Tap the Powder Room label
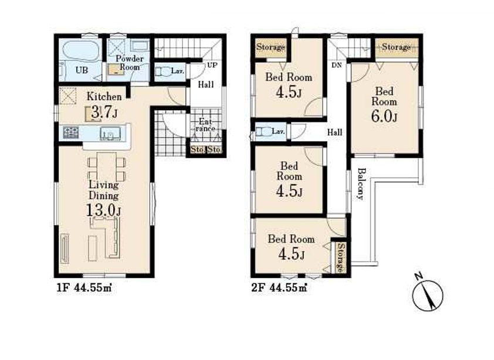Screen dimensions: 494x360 tap(130, 63)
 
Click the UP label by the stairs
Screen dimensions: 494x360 tap(212, 65)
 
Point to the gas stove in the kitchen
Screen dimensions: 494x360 tap(70, 133)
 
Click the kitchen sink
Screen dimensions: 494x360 tap(110, 133)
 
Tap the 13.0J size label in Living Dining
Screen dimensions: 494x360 tap(103, 210)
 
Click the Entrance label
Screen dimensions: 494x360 tap(205, 125)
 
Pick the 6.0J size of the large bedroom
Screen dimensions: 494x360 tap(384, 116)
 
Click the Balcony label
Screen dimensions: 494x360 tap(361, 184)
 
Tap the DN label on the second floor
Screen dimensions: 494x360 tap(337, 66)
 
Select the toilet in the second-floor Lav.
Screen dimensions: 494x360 tap(263, 131)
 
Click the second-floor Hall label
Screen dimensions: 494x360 tap(334, 133)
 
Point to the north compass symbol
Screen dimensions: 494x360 tap(427, 294)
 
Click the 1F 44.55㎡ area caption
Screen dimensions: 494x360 tap(84, 288)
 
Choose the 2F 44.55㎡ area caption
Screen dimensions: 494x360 tap(279, 288)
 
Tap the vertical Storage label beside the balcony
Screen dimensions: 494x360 tap(340, 257)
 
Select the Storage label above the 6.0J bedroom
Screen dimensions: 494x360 tap(397, 47)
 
